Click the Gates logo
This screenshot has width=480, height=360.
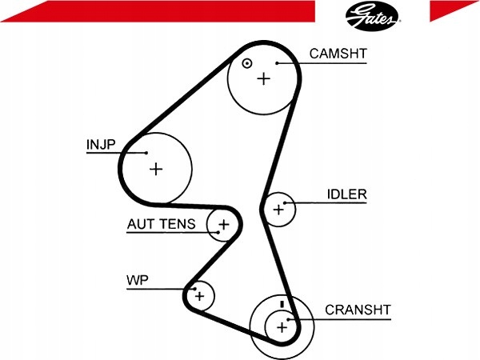click(372, 15)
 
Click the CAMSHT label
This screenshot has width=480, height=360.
click(338, 54)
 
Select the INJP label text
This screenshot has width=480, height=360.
click(101, 145)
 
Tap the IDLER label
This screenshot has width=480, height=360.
click(347, 194)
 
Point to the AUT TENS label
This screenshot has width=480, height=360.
click(161, 224)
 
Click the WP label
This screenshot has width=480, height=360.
click(138, 280)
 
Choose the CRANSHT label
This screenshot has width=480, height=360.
click(358, 310)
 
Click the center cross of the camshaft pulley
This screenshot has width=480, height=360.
click(263, 79)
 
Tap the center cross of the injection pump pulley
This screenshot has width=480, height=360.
click(156, 170)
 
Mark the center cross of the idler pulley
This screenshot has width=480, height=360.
click(278, 210)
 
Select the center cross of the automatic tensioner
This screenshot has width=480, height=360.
click(224, 225)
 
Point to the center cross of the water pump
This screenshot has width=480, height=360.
click(199, 296)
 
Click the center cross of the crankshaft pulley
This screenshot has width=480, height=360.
click(282, 328)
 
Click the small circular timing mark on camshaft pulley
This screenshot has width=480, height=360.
click(246, 64)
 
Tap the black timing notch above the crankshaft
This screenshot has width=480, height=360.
click(282, 304)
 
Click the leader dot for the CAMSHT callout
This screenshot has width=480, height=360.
click(277, 63)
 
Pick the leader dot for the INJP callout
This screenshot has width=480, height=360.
click(146, 153)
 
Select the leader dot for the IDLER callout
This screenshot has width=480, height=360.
click(285, 203)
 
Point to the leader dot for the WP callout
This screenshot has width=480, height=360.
click(194, 289)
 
